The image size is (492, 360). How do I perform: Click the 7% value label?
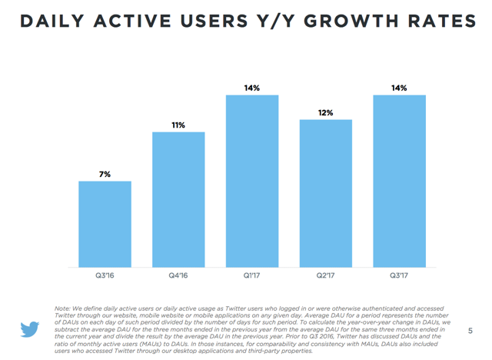(x=105, y=175)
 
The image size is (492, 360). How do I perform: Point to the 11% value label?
(x=178, y=125)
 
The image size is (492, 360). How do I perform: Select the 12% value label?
(x=326, y=113)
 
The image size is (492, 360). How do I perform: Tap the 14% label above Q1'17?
(x=252, y=88)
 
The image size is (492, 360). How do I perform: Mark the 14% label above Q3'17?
(x=399, y=88)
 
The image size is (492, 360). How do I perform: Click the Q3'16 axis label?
(x=105, y=275)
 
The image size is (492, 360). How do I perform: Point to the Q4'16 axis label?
(x=178, y=275)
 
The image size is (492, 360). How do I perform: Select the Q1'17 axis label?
(x=252, y=275)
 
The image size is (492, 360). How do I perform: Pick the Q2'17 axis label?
(x=326, y=275)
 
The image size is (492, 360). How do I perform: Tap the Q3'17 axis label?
(x=399, y=275)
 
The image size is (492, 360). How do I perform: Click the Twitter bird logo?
(x=30, y=329)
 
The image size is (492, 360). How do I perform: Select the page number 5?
(x=470, y=330)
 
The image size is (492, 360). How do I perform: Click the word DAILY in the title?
(x=52, y=22)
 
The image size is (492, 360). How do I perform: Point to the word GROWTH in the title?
(x=336, y=22)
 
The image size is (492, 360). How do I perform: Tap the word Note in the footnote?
(x=64, y=308)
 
